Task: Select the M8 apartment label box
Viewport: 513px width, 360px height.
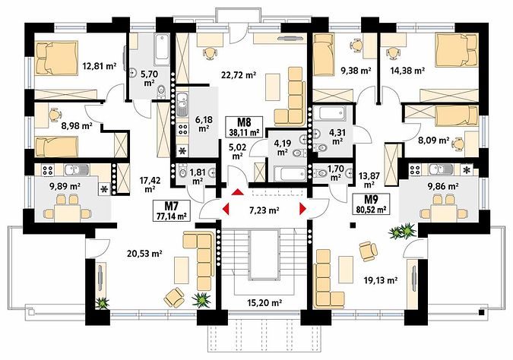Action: (244, 127)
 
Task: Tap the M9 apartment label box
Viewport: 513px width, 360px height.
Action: (371, 204)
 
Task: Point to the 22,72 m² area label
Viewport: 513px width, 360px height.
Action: (239, 75)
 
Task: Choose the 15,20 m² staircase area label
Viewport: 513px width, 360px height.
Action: (264, 302)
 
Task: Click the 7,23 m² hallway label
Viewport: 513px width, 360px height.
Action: (264, 210)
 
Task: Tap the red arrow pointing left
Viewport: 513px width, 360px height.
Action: (226, 209)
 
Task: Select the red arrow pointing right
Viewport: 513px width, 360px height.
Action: (302, 209)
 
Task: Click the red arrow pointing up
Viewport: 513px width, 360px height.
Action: (237, 191)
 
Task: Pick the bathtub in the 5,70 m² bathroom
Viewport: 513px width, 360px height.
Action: (162, 49)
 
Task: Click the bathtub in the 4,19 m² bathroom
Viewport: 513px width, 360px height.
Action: (290, 174)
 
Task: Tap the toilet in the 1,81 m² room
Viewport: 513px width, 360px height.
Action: (182, 171)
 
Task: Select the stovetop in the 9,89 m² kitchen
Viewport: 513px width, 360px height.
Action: (48, 170)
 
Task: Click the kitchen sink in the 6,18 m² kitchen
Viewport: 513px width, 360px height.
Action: (182, 104)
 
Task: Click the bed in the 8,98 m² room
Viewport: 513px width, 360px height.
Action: (56, 147)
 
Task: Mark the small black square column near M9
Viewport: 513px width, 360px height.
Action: (353, 225)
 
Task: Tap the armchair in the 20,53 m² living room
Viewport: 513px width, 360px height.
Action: (174, 297)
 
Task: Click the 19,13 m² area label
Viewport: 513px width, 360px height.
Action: (381, 280)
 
